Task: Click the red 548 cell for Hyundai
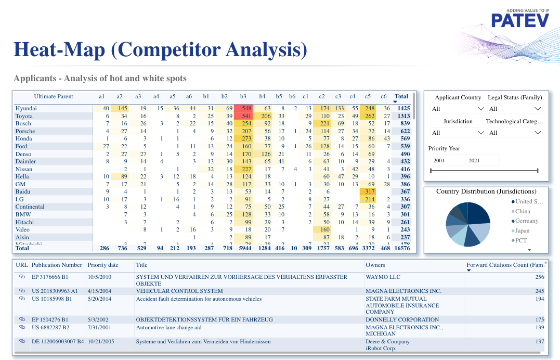[243, 108]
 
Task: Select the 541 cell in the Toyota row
[243, 116]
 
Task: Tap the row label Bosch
[23, 124]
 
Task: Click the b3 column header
[243, 96]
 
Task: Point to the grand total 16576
[401, 249]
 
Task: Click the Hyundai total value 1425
[403, 108]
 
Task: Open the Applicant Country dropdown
[458, 109]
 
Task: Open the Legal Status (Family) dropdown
[515, 109]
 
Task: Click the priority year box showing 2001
[446, 161]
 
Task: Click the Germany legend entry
[526, 221]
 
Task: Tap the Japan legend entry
[522, 231]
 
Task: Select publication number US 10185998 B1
[51, 299]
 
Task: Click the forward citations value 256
[539, 277]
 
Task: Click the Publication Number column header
[57, 265]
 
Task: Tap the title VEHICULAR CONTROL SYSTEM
[179, 291]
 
